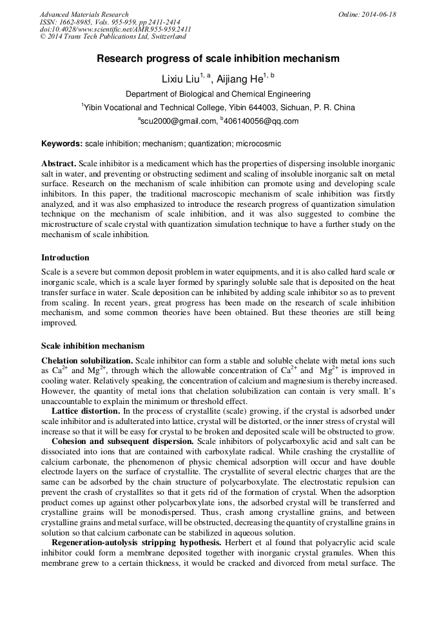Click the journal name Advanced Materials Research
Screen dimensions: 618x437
(84, 14)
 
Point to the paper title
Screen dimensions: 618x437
(218, 59)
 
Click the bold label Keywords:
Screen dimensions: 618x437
(62, 144)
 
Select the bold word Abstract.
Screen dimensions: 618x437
(58, 163)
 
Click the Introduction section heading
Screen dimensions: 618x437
(65, 258)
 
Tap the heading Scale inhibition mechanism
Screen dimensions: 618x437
(93, 346)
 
